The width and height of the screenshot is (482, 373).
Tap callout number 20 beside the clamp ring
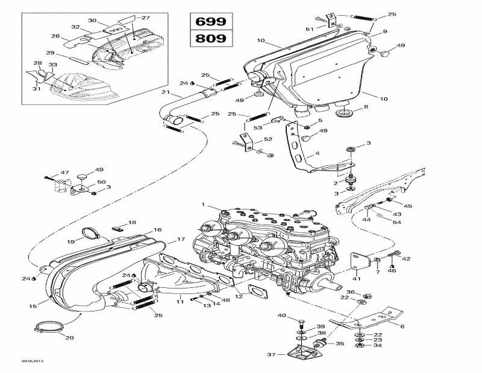(x=69, y=337)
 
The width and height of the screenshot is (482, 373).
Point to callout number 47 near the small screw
(x=65, y=172)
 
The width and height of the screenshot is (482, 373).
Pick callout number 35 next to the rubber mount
(x=340, y=343)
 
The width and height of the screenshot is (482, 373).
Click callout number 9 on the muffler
(x=384, y=31)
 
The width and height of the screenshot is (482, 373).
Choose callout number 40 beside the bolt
(x=282, y=316)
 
